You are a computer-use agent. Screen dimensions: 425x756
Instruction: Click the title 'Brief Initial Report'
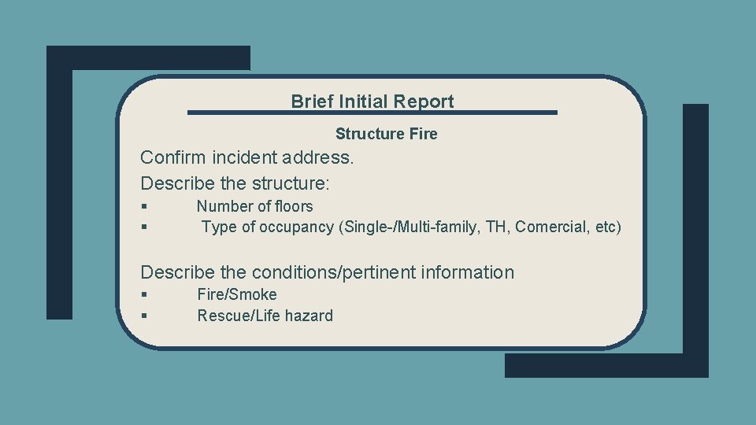(372, 102)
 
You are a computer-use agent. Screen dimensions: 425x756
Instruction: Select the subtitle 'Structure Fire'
(386, 134)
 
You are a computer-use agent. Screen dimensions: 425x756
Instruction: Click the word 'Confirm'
(172, 157)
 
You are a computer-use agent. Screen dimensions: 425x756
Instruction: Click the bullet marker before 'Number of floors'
(145, 207)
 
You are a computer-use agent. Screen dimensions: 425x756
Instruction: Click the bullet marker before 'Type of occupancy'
(145, 227)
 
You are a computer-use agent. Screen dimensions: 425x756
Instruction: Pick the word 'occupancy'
(302, 227)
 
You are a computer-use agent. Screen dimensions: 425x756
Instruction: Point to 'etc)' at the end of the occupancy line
(608, 227)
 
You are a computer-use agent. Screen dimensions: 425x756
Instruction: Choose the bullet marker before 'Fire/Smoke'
(145, 295)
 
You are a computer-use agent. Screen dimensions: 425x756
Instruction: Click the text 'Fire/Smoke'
(237, 294)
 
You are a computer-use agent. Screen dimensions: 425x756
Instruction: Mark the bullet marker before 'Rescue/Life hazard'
(145, 316)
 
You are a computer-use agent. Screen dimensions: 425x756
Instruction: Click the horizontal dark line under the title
(372, 113)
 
